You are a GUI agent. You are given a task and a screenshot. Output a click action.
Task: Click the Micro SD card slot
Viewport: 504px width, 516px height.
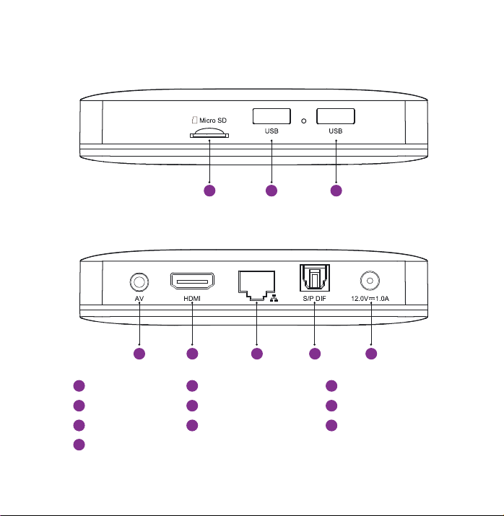point(209,133)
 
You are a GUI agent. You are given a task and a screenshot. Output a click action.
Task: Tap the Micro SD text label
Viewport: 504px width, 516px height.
point(213,121)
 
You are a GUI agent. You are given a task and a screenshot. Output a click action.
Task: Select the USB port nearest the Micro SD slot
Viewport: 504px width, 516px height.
point(271,116)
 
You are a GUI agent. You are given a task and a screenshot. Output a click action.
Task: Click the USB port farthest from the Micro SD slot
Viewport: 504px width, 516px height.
point(336,116)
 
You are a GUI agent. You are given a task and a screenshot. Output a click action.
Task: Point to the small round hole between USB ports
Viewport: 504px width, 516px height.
point(304,121)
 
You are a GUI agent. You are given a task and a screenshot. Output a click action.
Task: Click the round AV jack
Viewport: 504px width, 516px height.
point(139,282)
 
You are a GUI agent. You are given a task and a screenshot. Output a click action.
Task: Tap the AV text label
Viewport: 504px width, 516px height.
point(139,299)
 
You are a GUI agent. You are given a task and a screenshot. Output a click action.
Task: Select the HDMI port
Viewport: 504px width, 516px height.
point(192,281)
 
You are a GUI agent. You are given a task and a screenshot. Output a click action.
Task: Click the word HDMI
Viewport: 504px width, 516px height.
point(192,299)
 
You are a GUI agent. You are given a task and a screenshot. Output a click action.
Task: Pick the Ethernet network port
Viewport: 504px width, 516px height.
point(257,285)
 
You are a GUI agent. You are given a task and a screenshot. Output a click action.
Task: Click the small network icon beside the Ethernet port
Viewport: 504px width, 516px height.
point(274,298)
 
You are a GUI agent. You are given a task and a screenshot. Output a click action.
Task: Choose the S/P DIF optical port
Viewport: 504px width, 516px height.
point(315,278)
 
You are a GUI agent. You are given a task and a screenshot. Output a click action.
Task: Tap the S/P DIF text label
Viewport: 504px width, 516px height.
point(314,299)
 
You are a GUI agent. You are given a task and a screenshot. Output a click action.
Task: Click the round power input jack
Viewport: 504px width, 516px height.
point(370,281)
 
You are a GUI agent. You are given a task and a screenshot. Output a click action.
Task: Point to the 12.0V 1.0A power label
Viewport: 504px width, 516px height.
point(370,299)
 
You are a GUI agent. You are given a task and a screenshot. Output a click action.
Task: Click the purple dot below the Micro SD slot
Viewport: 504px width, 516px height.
point(209,191)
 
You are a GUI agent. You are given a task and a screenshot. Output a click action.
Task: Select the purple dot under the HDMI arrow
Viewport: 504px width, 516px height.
point(192,354)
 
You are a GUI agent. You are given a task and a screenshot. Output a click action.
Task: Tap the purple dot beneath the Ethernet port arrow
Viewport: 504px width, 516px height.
point(257,354)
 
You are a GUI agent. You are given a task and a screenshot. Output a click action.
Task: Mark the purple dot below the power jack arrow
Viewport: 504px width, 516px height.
point(371,354)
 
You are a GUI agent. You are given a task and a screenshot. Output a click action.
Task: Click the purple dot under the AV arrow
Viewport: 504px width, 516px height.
point(139,354)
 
